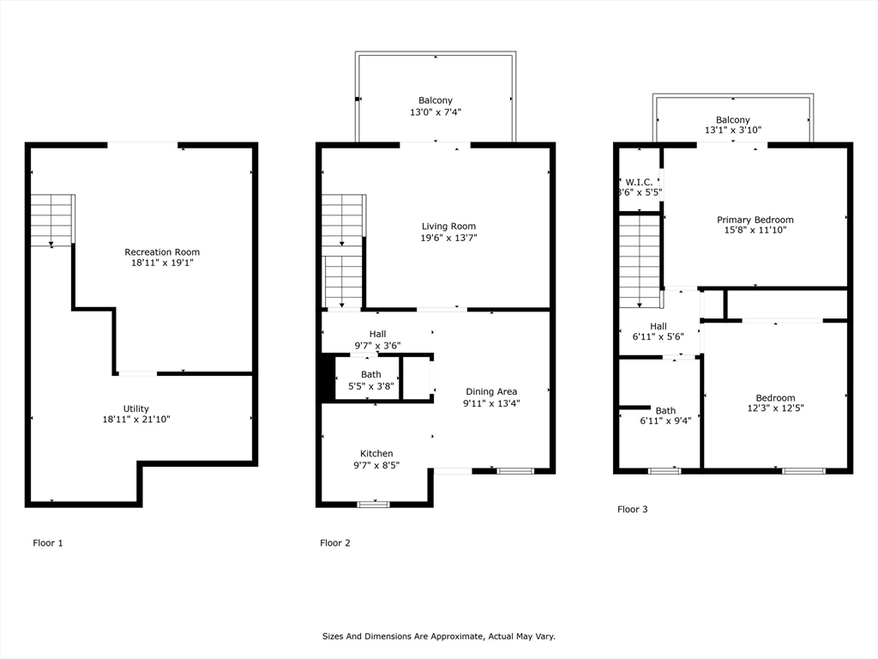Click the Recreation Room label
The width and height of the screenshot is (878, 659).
162,252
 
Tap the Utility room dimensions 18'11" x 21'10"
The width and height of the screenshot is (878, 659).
136,419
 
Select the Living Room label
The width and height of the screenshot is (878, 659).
448,227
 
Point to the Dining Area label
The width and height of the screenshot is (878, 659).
491,391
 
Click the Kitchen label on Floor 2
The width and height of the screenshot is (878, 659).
376,453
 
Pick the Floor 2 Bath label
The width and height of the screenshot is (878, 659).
370,374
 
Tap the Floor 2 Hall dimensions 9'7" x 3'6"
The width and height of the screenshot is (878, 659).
377,346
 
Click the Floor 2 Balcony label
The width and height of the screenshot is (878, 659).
435,100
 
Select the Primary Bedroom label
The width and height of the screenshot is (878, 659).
755,220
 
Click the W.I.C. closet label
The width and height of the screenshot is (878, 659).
639,182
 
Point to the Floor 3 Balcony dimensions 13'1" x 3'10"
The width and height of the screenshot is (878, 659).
733,130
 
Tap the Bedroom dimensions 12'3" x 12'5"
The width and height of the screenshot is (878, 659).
775,408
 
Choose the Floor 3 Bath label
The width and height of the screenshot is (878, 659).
665,411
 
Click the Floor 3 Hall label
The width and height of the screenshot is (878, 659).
658,326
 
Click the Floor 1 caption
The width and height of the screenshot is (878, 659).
48,543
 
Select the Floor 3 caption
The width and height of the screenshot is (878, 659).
632,510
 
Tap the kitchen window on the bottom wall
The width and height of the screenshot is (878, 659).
374,505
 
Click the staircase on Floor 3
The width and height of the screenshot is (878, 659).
640,261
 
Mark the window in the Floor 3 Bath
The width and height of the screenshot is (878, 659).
665,471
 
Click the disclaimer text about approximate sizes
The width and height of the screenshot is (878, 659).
438,637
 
